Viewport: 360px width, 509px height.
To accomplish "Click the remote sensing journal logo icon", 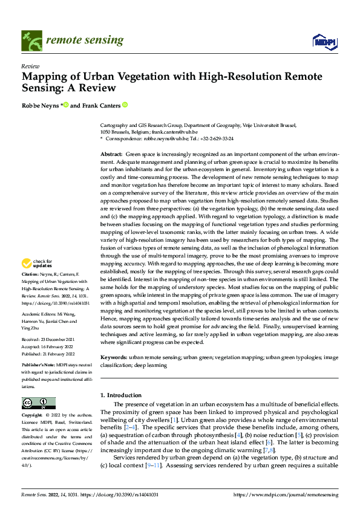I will click(x=30, y=40).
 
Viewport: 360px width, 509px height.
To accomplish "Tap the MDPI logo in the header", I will click(x=324, y=41).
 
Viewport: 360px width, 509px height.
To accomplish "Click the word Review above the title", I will click(x=30, y=66).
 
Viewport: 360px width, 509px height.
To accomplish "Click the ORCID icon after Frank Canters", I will click(x=125, y=105).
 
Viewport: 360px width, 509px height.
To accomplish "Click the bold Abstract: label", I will click(x=111, y=155).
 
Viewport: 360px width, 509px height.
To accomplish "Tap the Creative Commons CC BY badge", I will click(x=38, y=403).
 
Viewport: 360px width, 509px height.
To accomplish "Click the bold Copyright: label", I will click(x=33, y=416).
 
